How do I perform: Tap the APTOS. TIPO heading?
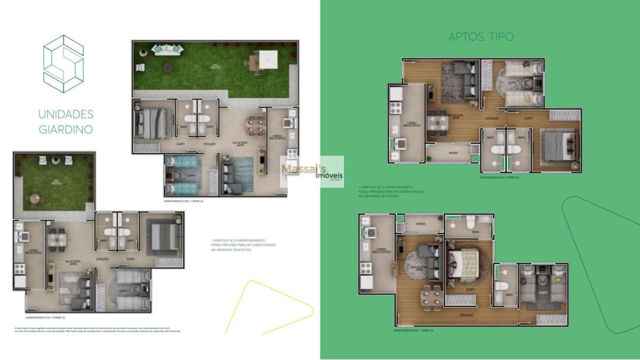[x=481, y=37]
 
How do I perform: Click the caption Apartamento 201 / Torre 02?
[x=498, y=177]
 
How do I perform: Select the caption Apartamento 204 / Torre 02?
[x=413, y=331]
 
